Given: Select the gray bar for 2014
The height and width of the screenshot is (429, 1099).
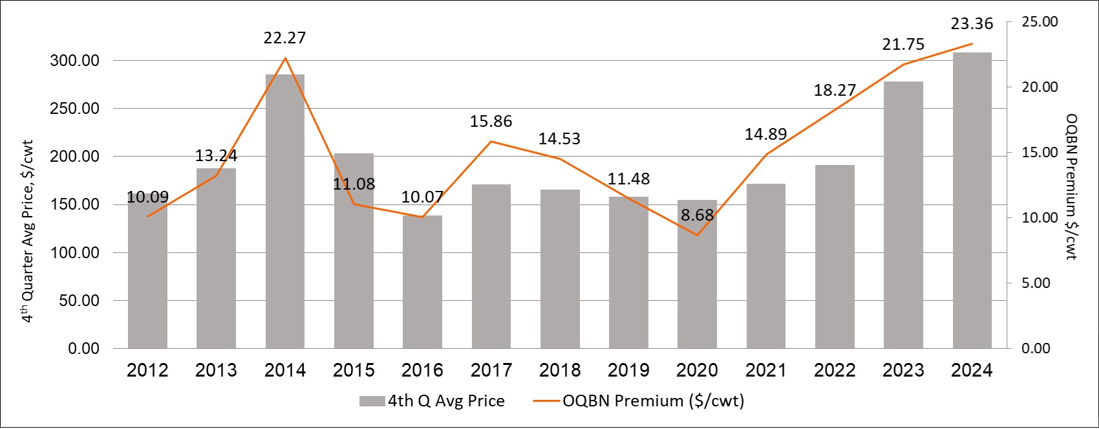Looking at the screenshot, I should coord(285,214).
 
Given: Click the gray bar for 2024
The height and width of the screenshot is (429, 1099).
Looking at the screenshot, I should coord(972,201).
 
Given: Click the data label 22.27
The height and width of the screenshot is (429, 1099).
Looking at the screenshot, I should coord(284,38).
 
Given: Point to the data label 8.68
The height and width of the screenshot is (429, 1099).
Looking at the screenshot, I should coord(697,215).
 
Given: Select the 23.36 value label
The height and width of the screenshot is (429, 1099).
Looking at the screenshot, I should coord(972,24).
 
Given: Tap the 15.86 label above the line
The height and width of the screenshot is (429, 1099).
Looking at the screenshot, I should coord(491,121).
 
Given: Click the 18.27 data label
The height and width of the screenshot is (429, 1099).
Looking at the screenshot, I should coord(835,90).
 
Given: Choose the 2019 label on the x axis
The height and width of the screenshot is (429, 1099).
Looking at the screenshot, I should coord(628,370).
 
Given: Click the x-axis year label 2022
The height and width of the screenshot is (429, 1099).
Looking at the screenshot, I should coord(835,370).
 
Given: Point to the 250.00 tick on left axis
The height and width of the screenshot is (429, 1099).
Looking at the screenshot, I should coord(75,109).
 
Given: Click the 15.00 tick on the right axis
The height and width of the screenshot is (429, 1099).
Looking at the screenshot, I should coord(1040,153).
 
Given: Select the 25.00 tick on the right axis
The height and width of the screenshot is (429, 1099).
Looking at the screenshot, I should coord(1040,22).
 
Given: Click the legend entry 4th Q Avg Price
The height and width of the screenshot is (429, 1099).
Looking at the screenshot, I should coord(432,401).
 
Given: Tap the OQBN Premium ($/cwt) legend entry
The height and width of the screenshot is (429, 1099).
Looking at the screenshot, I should coord(639,401).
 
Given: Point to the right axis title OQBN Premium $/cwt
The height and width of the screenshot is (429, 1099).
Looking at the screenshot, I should coord(1071,186).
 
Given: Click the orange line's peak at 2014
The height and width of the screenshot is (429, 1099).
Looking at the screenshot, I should coord(285,58).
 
